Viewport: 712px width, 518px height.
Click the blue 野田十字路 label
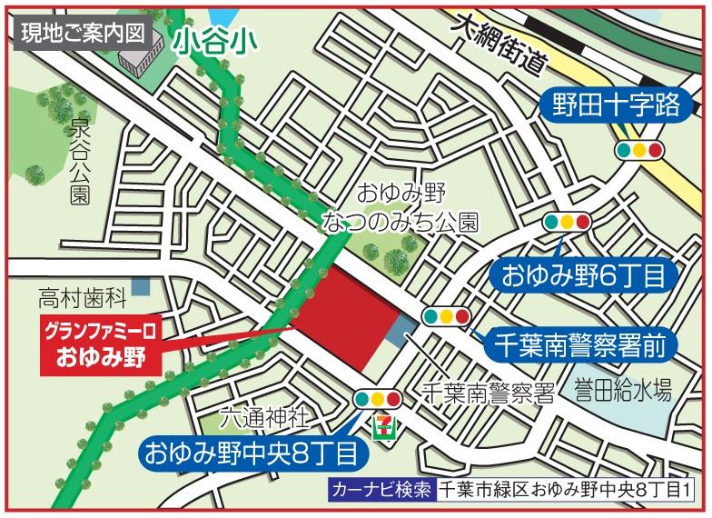(x=616, y=105)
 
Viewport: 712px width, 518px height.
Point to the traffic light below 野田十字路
(x=639, y=150)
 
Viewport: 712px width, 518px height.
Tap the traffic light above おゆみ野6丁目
(x=566, y=221)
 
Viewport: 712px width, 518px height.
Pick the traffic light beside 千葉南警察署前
(x=446, y=317)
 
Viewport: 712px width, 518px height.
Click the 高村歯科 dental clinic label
(x=80, y=296)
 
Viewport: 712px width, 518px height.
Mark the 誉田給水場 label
(x=622, y=393)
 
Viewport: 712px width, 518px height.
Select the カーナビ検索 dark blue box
(x=381, y=488)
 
